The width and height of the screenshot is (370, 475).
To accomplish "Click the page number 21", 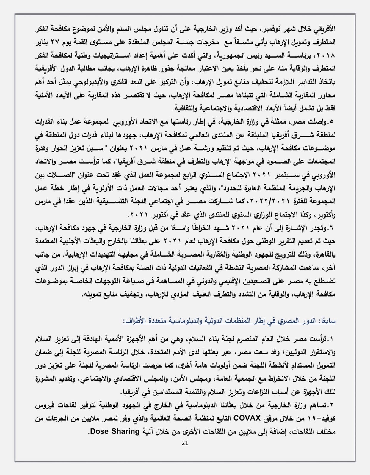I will coord(184,443).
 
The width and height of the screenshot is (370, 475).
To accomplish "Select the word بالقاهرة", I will coord(324,255).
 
